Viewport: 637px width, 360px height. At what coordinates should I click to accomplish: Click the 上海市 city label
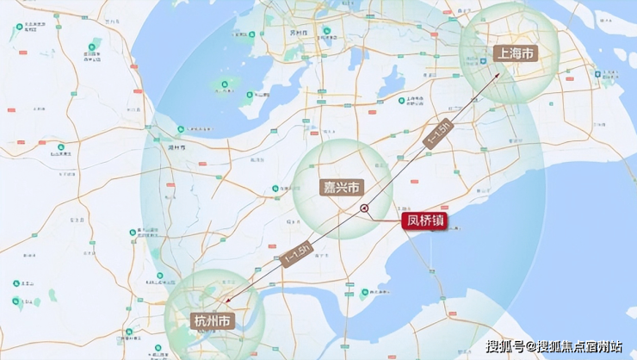pos(515,53)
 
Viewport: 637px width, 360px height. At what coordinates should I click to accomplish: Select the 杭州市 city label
pos(212,320)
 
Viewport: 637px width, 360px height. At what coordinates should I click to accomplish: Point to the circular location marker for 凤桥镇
pos(364,208)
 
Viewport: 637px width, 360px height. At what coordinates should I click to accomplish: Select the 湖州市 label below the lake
pos(177,147)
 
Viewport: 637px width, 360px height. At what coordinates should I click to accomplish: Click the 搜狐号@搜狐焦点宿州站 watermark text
pos(554,346)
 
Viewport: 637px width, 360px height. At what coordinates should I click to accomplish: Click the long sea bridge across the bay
pos(422,258)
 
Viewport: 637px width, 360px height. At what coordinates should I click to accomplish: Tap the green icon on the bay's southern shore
pos(365,292)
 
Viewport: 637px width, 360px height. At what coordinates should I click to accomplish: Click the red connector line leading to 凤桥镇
pos(386,218)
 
